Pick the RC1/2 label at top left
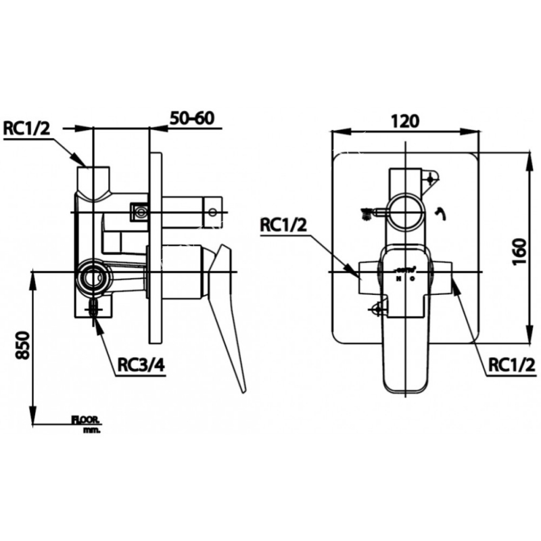pos(28,128)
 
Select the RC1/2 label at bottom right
pos(511,366)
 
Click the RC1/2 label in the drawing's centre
pos(283,225)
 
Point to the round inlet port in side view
pos(92,277)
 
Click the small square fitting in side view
pos(141,212)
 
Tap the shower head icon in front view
pos(366,212)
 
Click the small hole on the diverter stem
pos(212,212)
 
